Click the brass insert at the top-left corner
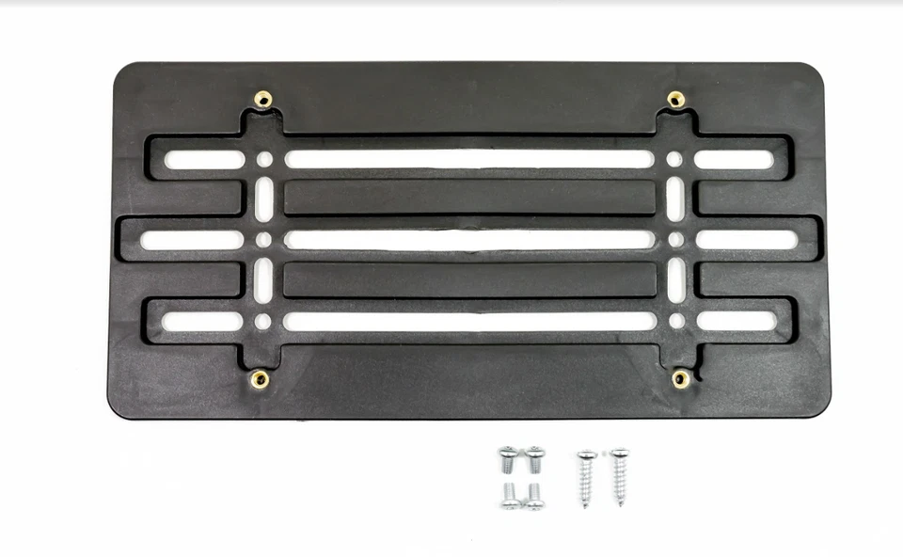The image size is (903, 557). point(263,99)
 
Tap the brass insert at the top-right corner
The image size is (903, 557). point(675,99)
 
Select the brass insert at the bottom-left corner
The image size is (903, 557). point(260,379)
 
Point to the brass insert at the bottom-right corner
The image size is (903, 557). point(680,378)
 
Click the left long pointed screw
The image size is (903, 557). point(586,478)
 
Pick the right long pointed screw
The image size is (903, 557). point(619,476)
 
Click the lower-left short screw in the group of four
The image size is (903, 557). point(510,496)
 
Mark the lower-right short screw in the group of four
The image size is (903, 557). point(534,496)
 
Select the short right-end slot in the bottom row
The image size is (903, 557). point(735,321)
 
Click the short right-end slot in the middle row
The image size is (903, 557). point(747,240)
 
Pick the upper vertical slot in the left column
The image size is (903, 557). point(264,199)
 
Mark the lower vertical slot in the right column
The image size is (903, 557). point(675,280)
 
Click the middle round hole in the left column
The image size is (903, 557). point(263,240)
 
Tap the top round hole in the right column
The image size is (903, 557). point(674,159)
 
